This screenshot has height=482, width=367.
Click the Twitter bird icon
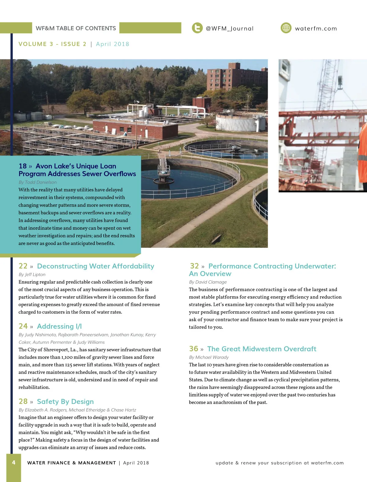[x=197, y=28]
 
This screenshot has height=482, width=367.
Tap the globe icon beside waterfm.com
[x=286, y=28]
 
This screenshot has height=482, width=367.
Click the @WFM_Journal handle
[x=230, y=28]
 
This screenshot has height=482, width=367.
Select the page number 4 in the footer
[x=14, y=462]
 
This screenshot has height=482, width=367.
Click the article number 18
[x=23, y=166]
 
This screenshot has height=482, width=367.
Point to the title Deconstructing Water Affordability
[x=95, y=266]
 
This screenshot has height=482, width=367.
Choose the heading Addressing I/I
[x=59, y=326]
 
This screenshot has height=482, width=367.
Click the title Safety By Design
[x=65, y=402]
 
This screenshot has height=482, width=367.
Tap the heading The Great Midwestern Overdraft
[x=261, y=349]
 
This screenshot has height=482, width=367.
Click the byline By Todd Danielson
[x=38, y=182]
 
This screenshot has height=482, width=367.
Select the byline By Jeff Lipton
[x=32, y=275]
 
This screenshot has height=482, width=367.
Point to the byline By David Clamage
[x=208, y=282]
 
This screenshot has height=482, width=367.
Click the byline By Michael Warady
[x=209, y=357]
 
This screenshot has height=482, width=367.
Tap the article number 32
[x=195, y=266]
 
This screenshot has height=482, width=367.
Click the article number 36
[x=194, y=349]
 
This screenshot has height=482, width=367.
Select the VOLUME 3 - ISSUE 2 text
[x=53, y=44]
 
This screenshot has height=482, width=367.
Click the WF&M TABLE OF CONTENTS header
[x=76, y=28]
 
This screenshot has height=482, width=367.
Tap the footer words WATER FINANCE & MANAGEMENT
[x=72, y=463]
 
